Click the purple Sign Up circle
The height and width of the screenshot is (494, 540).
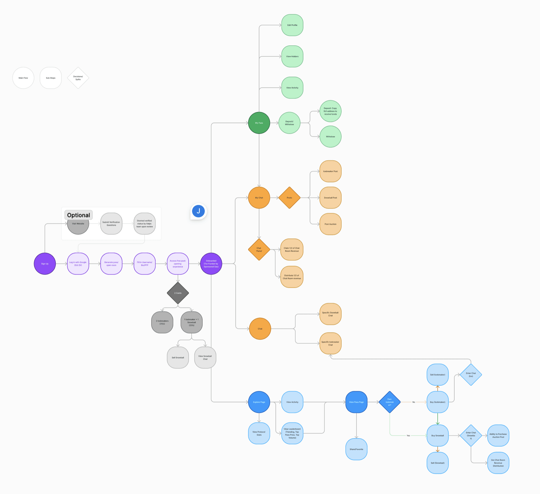point(45,264)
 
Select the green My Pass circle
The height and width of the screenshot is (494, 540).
point(259,123)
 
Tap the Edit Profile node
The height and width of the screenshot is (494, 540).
point(292,25)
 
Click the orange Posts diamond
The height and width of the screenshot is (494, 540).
point(289,198)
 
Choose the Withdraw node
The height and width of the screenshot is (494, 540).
point(330,137)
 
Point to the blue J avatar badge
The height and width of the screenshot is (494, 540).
point(198,211)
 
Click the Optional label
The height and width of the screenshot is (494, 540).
point(78,215)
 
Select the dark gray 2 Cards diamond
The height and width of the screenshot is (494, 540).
point(178,293)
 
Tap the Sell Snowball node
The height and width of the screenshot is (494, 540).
point(178,358)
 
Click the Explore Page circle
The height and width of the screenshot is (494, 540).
point(259,402)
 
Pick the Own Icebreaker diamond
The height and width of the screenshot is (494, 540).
point(390,402)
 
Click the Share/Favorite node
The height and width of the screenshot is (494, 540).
point(356,449)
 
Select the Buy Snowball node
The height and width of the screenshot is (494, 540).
point(438,436)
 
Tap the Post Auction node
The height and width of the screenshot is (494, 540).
point(330,224)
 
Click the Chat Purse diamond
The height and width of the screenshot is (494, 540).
point(259,250)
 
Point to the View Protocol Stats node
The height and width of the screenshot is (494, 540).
point(259,433)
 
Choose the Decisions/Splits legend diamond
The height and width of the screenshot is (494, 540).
point(78,78)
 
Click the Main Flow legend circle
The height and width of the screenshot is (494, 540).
point(23,78)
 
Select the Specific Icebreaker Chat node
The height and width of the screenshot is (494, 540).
point(330,344)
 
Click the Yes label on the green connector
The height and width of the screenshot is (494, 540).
point(408,436)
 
